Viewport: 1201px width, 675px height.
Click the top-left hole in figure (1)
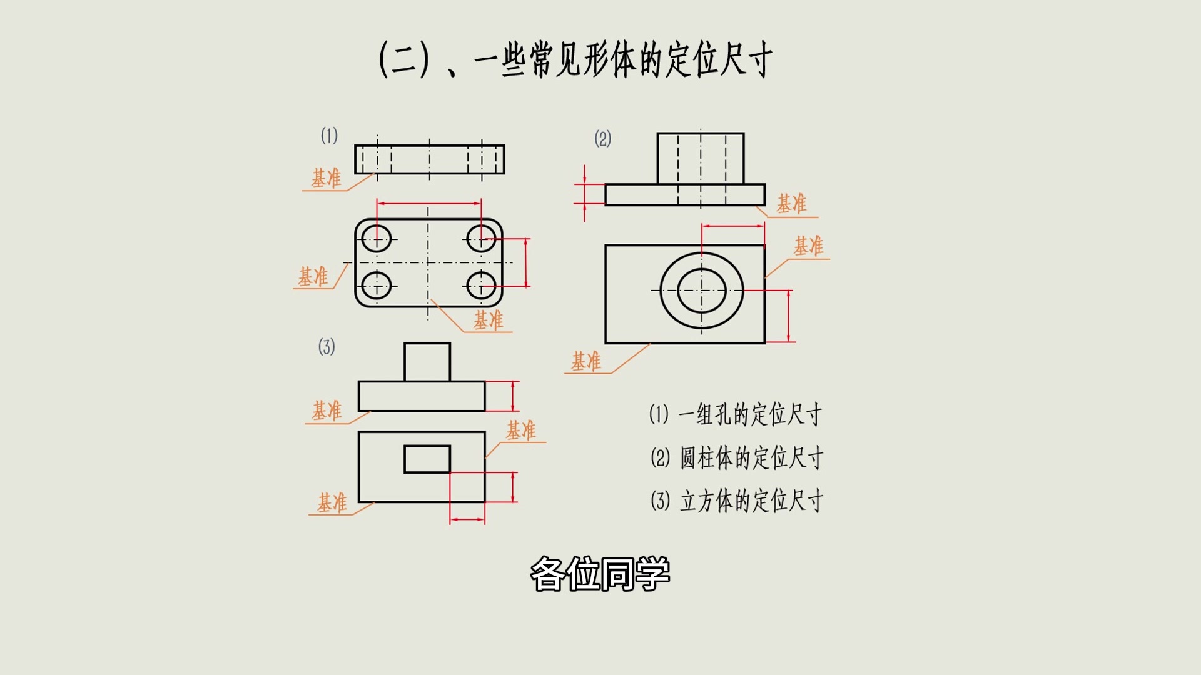tap(377, 239)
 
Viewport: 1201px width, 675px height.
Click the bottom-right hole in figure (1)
tap(481, 286)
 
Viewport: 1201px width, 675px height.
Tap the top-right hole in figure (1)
tap(481, 238)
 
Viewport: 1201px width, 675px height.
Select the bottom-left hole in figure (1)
tap(377, 286)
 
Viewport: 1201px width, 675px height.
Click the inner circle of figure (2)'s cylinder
tap(702, 291)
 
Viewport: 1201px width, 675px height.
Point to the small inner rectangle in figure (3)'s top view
tap(427, 459)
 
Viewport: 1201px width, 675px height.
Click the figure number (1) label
tap(329, 136)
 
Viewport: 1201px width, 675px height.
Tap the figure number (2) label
tap(602, 138)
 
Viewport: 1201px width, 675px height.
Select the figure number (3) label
tap(327, 347)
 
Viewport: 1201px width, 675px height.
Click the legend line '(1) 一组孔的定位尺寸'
tap(735, 414)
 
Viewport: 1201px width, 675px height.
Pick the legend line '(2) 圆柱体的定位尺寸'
tap(736, 458)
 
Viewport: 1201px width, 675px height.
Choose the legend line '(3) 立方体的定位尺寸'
tap(736, 501)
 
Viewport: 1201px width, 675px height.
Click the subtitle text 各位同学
tap(600, 574)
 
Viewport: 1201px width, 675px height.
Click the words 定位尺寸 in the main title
tap(719, 60)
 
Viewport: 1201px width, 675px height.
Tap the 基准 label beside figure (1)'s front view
tap(326, 178)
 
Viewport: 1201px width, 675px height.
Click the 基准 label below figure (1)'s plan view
tap(488, 321)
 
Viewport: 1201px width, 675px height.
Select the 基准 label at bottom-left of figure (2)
tap(585, 361)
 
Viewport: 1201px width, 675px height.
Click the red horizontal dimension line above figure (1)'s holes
tap(429, 203)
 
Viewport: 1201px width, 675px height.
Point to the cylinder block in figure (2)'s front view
tap(701, 157)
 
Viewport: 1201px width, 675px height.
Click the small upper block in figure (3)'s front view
tap(427, 362)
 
